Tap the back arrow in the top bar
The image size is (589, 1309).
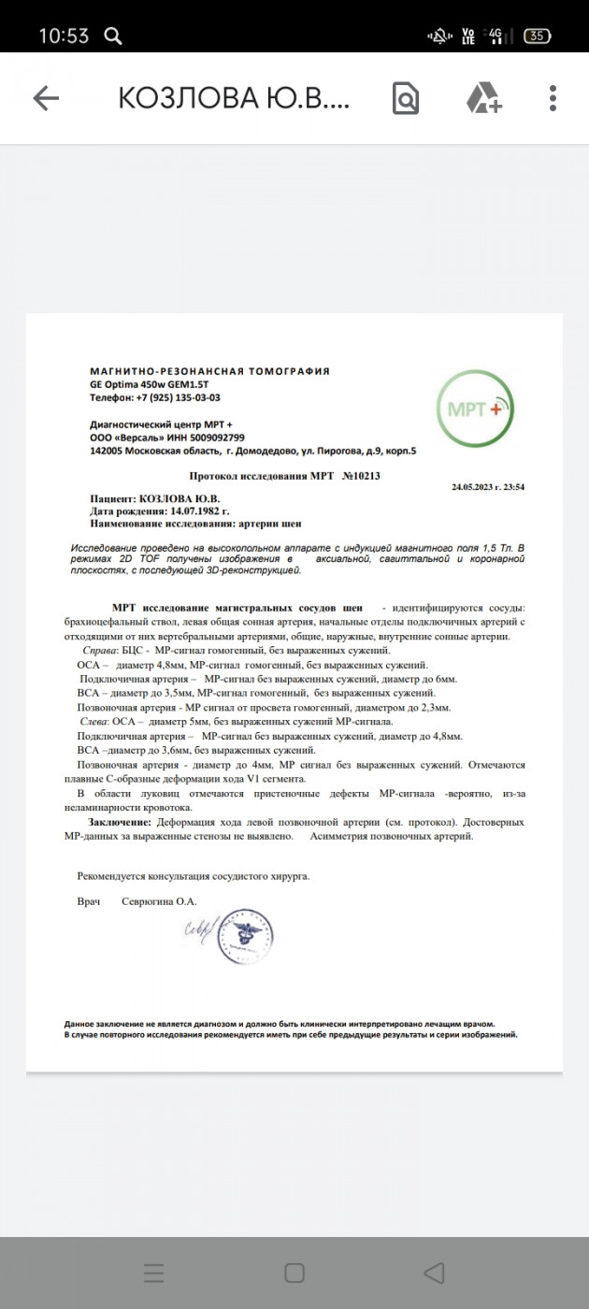coord(46,98)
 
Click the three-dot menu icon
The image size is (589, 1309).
coord(553,98)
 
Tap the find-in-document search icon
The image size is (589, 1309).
coord(406,98)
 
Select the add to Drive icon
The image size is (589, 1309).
coord(483,98)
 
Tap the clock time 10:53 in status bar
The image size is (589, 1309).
coord(64,36)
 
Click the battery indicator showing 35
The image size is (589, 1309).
coord(537,36)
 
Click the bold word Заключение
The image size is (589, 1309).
coord(120,822)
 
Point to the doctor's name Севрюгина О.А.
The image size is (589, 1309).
coord(159,901)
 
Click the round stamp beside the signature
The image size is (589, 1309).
coord(245,937)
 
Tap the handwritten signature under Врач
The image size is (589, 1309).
coord(198,930)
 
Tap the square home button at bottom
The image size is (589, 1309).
coord(294,1273)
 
